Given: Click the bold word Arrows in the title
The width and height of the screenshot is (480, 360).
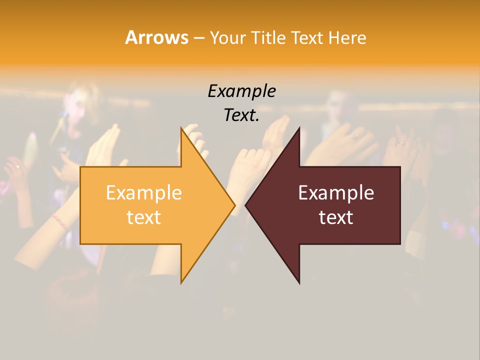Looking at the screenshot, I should [x=156, y=37].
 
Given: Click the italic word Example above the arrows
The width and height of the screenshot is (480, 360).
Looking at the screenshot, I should [x=241, y=91].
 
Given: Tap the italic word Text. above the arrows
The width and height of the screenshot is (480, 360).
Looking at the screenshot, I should [x=241, y=115].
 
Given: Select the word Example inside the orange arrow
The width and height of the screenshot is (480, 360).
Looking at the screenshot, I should [x=143, y=192].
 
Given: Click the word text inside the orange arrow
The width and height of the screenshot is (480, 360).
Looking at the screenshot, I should [x=143, y=217].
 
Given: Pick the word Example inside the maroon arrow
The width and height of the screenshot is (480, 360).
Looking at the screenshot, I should [x=336, y=192].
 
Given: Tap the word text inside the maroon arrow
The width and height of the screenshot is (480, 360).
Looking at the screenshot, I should [x=336, y=217].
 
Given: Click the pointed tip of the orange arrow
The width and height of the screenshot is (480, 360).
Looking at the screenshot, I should [x=234, y=205].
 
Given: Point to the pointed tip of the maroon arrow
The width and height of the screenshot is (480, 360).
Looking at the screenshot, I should [x=245, y=205].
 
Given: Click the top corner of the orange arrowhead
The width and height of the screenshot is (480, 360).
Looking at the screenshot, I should [x=181, y=128].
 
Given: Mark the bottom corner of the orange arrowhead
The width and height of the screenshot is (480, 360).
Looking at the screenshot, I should [x=181, y=282].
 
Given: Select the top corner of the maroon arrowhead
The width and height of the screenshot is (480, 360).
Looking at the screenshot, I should [x=299, y=128].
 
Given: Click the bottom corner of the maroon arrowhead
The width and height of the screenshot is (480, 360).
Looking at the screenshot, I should [x=299, y=283].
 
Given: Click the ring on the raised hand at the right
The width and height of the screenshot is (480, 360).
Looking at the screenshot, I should [x=401, y=142].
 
